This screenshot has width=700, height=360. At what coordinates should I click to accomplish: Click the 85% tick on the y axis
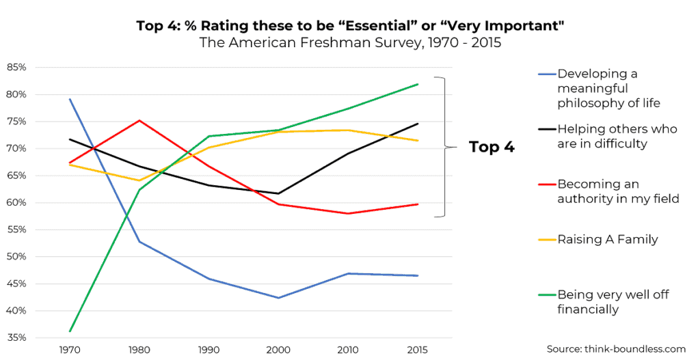[x=16, y=68]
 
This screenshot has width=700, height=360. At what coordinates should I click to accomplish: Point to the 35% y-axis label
[x=16, y=338]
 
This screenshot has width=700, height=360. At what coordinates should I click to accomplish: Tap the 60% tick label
[x=16, y=203]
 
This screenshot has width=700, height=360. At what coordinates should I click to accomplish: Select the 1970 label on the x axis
[x=70, y=350]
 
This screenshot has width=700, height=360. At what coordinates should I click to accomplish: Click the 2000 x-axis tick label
[x=278, y=350]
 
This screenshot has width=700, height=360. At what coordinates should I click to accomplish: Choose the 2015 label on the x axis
[x=418, y=350]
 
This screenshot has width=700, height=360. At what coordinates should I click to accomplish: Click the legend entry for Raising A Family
[x=607, y=239]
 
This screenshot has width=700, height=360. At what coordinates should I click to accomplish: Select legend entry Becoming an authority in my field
[x=617, y=191]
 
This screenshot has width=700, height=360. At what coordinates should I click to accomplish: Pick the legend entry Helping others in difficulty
[x=617, y=136]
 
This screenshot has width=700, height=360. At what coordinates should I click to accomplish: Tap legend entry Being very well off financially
[x=612, y=302]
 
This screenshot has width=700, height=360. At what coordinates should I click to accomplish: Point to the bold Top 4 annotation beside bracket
[x=492, y=147]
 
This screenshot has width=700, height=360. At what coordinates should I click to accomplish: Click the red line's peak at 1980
[x=139, y=120]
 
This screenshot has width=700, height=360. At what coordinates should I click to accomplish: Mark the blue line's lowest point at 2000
[x=278, y=298]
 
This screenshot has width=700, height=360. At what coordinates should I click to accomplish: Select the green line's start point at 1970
[x=70, y=331]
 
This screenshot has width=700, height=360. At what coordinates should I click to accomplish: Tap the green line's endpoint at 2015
[x=418, y=84]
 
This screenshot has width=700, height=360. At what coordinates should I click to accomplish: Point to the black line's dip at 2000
[x=278, y=193]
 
